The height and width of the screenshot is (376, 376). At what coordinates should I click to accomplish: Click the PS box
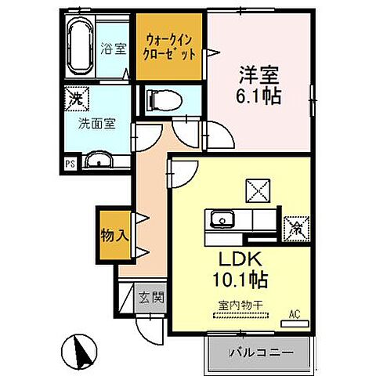(x=70, y=164)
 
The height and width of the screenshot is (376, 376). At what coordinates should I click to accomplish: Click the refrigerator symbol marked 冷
(x=296, y=227)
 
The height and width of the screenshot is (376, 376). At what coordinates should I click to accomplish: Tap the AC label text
(x=295, y=313)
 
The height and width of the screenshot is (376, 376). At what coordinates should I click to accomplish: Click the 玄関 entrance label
(x=150, y=297)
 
